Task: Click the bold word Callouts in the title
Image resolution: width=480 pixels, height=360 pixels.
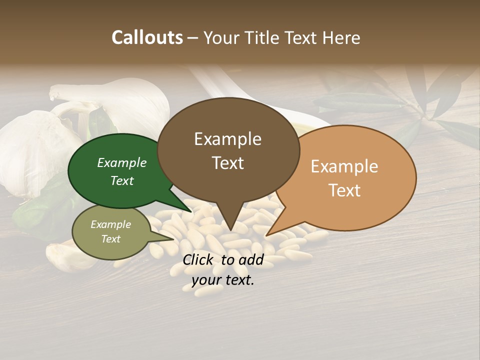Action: pyautogui.click(x=147, y=37)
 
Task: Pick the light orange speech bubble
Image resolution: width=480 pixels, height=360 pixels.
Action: pyautogui.click(x=350, y=177)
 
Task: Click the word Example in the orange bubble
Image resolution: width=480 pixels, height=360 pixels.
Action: pyautogui.click(x=344, y=166)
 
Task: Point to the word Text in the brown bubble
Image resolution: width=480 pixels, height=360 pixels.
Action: pyautogui.click(x=228, y=163)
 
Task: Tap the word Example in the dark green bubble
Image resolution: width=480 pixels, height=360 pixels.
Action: pyautogui.click(x=122, y=163)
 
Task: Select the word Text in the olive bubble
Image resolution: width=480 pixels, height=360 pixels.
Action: pyautogui.click(x=111, y=239)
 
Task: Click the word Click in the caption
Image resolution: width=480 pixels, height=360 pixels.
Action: pyautogui.click(x=198, y=259)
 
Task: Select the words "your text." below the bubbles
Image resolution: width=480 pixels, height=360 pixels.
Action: pyautogui.click(x=223, y=280)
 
